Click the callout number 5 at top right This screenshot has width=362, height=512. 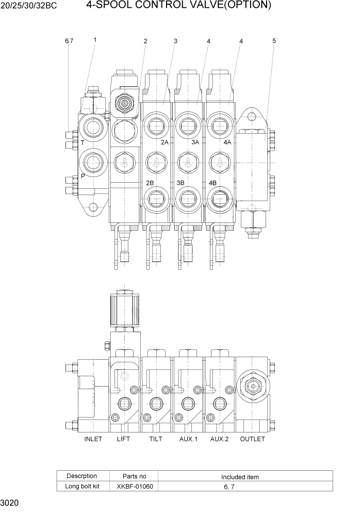tap(274, 40)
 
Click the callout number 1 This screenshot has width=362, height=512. tap(95, 39)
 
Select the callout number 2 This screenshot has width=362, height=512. tap(145, 41)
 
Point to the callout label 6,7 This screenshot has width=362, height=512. tap(69, 41)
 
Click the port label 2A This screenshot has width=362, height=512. tap(164, 142)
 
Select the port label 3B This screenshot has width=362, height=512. tap(180, 183)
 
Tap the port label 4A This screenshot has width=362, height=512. tap(227, 142)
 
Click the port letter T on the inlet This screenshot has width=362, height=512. tap(83, 142)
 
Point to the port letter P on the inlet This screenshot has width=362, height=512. tap(83, 176)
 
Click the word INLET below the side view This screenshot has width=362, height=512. tap(93, 439)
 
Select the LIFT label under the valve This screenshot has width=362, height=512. tap(124, 439)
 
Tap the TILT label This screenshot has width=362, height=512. tap(155, 439)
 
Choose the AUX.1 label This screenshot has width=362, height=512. tap(189, 439)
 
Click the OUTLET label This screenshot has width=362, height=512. tap(253, 439)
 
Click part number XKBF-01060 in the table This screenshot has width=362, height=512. tap(135, 486)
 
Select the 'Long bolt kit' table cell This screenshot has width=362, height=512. tap(81, 486)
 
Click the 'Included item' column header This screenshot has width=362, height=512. tap(240, 477)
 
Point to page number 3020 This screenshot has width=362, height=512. tap(10, 503)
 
